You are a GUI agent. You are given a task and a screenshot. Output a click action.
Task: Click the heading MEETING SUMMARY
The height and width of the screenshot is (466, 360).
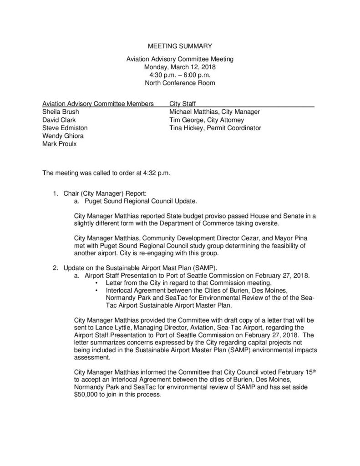180,46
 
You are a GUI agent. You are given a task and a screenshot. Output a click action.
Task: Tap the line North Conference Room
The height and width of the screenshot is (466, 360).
179,83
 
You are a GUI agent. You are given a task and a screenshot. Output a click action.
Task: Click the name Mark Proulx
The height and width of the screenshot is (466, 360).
57,144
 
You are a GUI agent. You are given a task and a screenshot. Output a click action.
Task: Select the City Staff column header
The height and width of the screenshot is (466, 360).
183,103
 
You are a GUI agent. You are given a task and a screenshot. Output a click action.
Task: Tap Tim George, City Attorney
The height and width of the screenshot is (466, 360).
207,120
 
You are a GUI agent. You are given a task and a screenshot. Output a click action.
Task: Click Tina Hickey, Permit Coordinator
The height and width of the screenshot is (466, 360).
215,128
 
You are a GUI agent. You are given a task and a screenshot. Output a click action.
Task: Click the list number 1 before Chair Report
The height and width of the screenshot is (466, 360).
55,193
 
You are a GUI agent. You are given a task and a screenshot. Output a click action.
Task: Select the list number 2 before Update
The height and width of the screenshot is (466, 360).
55,266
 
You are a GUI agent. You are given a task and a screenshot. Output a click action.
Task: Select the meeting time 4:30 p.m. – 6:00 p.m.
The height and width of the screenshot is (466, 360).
179,75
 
